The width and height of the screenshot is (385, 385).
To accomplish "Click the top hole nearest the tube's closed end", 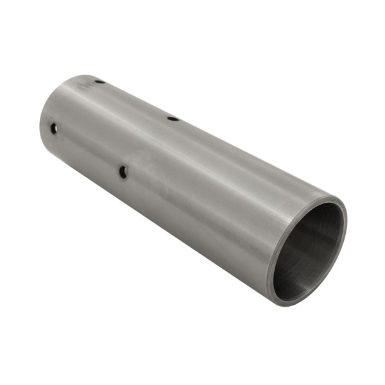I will pyautogui.click(x=99, y=81).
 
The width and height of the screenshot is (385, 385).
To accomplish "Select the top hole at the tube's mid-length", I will pyautogui.click(x=173, y=118).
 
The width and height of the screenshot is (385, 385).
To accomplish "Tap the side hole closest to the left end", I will pyautogui.click(x=54, y=129).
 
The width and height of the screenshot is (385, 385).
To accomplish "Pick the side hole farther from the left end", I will pyautogui.click(x=123, y=171).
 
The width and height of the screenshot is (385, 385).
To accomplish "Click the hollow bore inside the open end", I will pyautogui.click(x=308, y=253).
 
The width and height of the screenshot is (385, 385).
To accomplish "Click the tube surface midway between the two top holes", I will pyautogui.click(x=136, y=100).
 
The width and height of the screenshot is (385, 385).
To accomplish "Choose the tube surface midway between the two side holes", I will pyautogui.click(x=89, y=150).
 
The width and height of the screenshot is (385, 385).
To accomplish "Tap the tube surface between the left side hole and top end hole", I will pyautogui.click(x=76, y=106).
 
